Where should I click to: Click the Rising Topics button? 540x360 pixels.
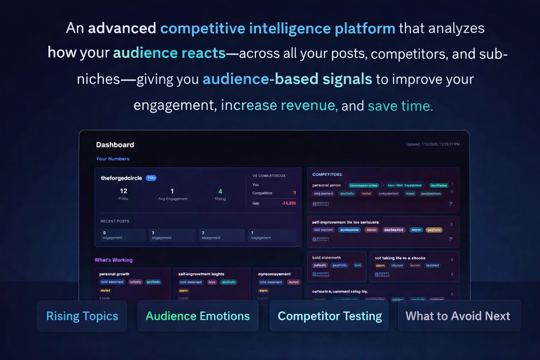(x=82, y=316)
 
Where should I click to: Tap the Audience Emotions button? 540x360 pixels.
(x=198, y=316)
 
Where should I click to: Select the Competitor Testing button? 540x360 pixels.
(x=329, y=316)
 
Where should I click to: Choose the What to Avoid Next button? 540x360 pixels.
(x=458, y=316)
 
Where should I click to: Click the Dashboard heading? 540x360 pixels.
(x=115, y=145)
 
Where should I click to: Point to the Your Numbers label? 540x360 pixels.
(x=112, y=159)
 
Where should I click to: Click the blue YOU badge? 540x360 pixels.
(x=151, y=178)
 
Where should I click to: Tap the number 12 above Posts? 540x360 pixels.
(x=123, y=191)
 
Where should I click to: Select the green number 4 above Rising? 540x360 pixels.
(x=220, y=191)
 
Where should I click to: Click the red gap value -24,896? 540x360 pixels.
(x=289, y=203)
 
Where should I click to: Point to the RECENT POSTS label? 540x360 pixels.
(x=115, y=221)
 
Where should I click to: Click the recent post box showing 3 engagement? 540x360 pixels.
(x=222, y=235)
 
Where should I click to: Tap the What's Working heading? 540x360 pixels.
(x=114, y=260)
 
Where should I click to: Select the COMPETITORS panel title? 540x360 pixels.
(x=327, y=174)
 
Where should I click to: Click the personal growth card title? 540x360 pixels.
(x=114, y=274)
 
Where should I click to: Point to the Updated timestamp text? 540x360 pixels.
(x=433, y=144)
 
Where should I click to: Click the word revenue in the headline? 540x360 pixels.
(x=308, y=105)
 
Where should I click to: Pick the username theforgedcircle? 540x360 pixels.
(x=121, y=178)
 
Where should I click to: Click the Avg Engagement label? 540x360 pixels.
(x=173, y=199)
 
